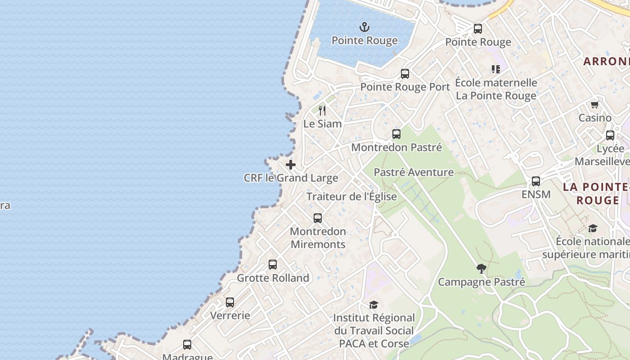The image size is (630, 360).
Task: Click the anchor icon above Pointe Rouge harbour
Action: (364, 27)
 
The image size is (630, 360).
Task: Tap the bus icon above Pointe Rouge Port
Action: (405, 74)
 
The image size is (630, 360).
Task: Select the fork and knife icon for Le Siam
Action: (322, 110)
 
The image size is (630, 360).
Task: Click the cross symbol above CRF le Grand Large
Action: (291, 165)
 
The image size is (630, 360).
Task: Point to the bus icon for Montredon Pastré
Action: (396, 134)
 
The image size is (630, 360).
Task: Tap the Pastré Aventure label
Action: (414, 172)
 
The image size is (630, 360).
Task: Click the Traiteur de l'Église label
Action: (351, 197)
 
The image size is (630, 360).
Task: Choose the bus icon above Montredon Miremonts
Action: (318, 218)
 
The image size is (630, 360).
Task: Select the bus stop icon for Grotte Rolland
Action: (273, 265)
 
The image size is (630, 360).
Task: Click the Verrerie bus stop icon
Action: (230, 302)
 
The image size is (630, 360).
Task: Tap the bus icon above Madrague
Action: (187, 345)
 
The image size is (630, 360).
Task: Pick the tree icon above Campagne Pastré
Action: (481, 269)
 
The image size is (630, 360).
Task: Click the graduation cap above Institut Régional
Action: (373, 305)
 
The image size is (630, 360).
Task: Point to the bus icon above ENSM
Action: (536, 181)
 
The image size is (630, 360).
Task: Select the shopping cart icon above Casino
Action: (595, 105)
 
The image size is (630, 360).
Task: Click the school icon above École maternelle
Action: (496, 69)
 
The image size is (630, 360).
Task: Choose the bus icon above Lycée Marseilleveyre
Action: (610, 135)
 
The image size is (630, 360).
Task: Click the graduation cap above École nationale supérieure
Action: (593, 229)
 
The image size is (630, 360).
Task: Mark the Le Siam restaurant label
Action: (322, 124)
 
